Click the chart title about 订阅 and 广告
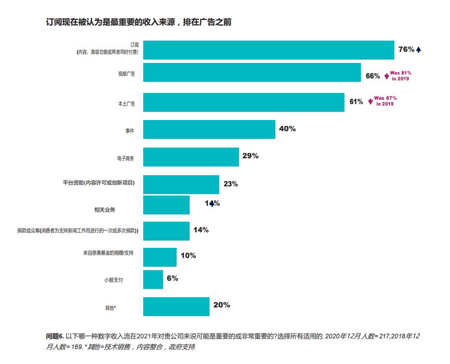(x=138, y=22)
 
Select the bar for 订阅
(x=269, y=50)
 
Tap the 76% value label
(x=405, y=49)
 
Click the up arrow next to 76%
(x=419, y=49)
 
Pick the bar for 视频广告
(x=252, y=73)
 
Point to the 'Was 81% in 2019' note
(x=400, y=76)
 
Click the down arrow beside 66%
(x=387, y=76)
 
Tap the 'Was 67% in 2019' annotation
(x=385, y=101)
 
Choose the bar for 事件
(x=209, y=129)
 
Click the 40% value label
(x=287, y=129)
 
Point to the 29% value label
(x=250, y=156)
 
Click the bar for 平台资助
(x=181, y=184)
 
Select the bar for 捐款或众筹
(x=166, y=231)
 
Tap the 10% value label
(x=188, y=255)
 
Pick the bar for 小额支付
(x=153, y=279)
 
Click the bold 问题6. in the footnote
(x=55, y=335)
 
